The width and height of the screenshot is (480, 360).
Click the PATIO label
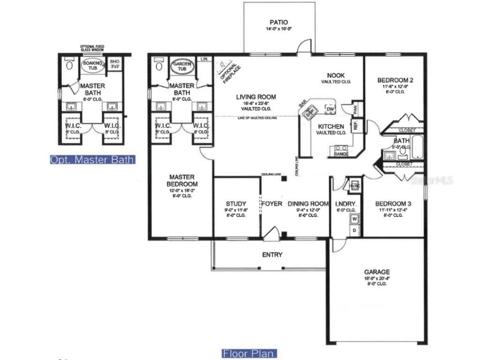278,22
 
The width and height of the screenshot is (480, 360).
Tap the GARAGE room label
377,272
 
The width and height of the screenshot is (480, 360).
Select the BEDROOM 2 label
395,80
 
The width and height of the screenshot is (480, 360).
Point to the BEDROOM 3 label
393,203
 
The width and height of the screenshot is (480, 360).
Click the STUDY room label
236,203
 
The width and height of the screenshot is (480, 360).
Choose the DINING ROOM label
308,203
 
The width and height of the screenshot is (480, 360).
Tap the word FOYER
272,203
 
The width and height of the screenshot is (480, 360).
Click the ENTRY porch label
272,255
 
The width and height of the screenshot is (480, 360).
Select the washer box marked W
354,219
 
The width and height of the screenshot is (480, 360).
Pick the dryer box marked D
354,230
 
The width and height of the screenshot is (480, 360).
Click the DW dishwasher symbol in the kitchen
330,110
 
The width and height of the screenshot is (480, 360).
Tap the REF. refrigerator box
355,126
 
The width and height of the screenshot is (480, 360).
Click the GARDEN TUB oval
181,66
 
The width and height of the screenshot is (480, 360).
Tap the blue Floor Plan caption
249,353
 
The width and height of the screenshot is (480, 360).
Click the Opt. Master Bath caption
93,160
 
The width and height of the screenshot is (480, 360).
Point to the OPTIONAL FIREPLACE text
226,70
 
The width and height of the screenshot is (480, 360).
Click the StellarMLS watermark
431,180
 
